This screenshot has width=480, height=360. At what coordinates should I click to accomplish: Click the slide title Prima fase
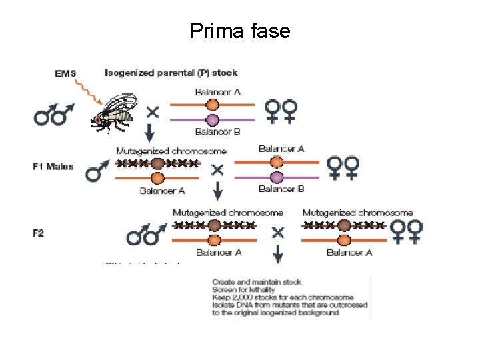pyautogui.click(x=240, y=31)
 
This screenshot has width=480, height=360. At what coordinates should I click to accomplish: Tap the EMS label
pyautogui.click(x=65, y=73)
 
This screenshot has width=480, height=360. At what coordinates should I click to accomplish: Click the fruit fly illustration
pyautogui.click(x=117, y=110)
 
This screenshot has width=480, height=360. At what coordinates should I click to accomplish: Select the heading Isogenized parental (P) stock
pyautogui.click(x=171, y=72)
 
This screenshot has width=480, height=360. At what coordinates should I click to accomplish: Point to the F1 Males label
pyautogui.click(x=53, y=166)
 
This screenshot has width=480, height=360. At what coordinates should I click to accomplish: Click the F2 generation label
pyautogui.click(x=39, y=233)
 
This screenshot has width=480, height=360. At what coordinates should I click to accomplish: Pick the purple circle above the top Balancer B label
pyautogui.click(x=212, y=121)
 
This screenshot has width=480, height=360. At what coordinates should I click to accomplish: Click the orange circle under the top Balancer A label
pyautogui.click(x=212, y=105)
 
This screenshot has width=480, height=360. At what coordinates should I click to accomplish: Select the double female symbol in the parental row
pyautogui.click(x=281, y=111)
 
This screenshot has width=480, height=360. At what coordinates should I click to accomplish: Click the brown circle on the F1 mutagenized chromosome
pyautogui.click(x=157, y=163)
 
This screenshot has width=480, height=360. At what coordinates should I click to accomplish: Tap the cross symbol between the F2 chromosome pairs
pyautogui.click(x=277, y=233)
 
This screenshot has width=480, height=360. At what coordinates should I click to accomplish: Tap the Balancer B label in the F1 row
pyautogui.click(x=281, y=189)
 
